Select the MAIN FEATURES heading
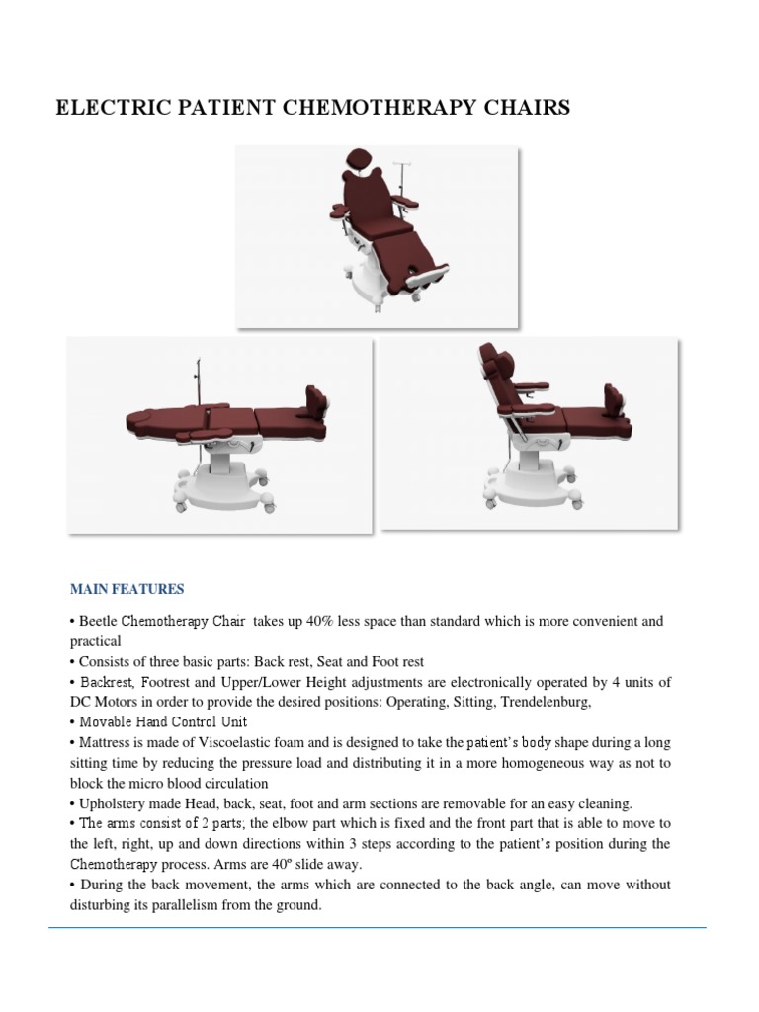[x=126, y=589]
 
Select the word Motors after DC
[x=115, y=702]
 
